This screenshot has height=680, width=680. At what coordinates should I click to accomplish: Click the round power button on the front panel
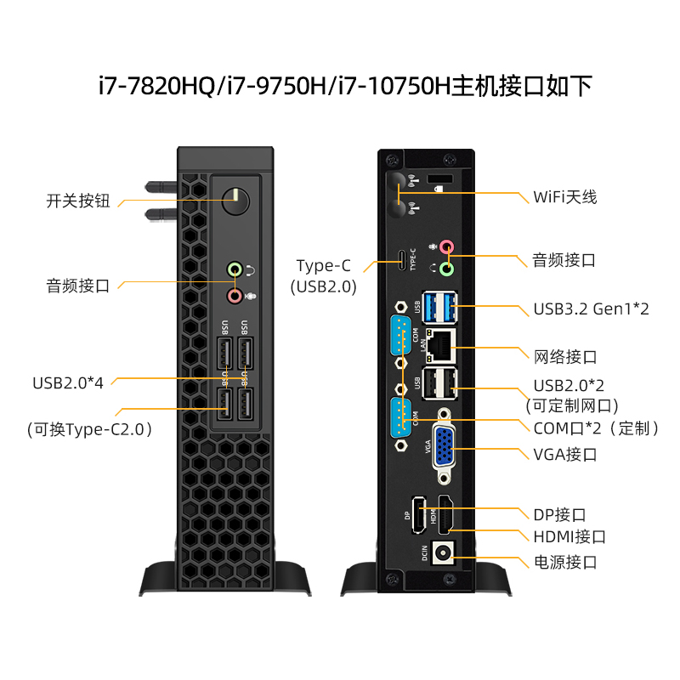point(235,202)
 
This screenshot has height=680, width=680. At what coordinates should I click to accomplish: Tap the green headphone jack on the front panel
point(235,270)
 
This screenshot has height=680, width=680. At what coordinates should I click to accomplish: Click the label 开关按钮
point(78,201)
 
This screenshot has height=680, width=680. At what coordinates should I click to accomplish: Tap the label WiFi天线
point(565,196)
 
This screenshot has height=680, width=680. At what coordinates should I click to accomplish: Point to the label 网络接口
point(565,356)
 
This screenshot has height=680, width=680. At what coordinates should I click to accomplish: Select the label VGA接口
point(565,454)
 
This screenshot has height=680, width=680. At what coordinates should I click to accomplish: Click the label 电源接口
point(565,562)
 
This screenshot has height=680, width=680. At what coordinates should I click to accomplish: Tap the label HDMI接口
point(569,536)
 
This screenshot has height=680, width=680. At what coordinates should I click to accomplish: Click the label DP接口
point(559,514)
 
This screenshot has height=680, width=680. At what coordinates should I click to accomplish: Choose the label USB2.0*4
point(68,382)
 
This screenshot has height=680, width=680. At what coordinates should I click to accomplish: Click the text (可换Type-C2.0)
point(89,429)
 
